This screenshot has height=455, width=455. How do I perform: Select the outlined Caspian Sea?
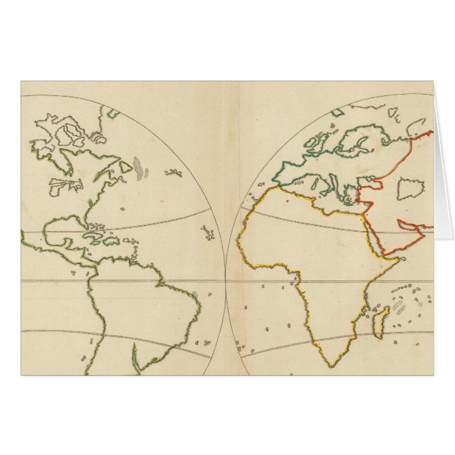click(x=408, y=189)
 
